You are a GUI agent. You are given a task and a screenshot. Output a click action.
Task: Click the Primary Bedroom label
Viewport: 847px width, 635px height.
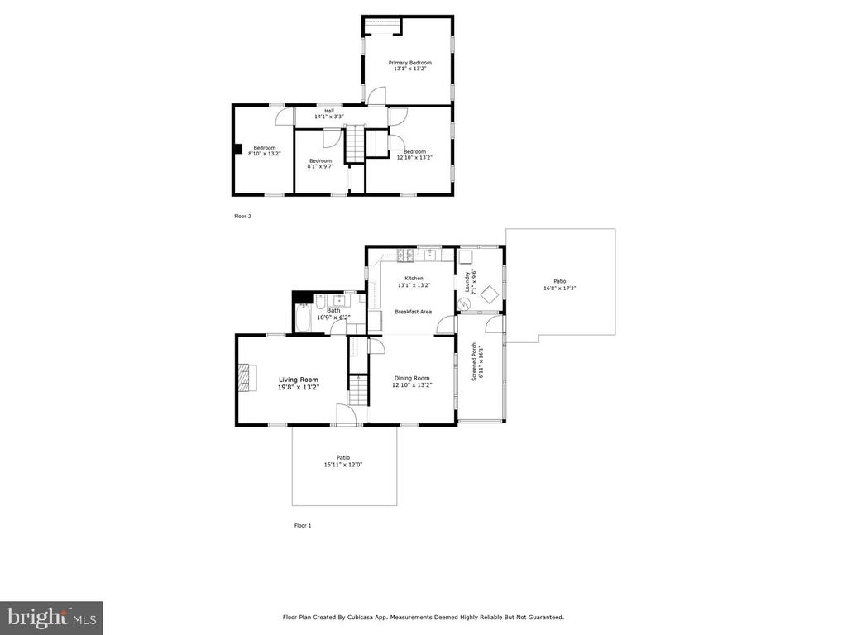[410, 63]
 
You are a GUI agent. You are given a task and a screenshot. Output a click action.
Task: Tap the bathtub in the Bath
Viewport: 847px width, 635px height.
[303, 319]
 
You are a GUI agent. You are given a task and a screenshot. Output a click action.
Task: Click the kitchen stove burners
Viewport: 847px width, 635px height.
[405, 255]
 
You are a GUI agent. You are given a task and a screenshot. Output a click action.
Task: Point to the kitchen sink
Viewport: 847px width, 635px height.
[430, 254]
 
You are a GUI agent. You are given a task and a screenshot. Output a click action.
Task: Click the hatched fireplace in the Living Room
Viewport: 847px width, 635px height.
[245, 377]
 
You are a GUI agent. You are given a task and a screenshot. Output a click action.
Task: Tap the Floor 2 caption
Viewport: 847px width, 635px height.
[242, 217]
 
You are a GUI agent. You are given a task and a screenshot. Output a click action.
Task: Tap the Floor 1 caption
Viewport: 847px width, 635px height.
[303, 525]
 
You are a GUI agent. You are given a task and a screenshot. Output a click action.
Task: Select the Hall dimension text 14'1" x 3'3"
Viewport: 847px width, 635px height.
[329, 116]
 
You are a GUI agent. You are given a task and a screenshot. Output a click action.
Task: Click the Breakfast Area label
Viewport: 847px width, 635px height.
[414, 312]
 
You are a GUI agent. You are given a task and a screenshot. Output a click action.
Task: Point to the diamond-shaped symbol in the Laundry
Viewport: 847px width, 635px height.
[490, 294]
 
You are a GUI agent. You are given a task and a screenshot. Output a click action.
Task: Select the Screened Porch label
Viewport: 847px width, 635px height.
[474, 362]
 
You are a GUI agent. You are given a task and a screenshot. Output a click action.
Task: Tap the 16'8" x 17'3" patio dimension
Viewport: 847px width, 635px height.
[560, 289]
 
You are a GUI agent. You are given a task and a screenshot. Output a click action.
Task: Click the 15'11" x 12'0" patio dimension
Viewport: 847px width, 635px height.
[343, 465]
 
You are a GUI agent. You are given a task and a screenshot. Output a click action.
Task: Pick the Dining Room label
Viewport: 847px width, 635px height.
[412, 379]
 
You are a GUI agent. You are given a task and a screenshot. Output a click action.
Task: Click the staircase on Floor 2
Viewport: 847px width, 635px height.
[355, 142]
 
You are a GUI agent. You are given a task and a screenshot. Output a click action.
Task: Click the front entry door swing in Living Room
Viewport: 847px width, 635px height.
[347, 414]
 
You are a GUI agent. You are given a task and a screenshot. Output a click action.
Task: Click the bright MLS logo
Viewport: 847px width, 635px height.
[51, 618]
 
